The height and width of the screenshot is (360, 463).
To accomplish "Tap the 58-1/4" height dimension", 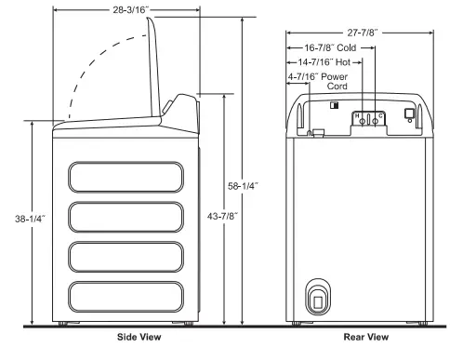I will click(245, 186).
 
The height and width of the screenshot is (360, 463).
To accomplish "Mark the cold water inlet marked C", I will click(377, 117).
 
